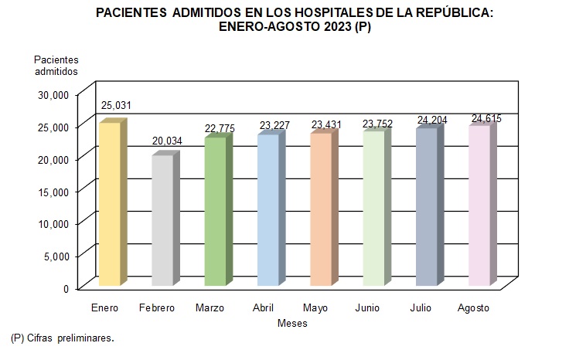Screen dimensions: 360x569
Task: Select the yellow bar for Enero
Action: (x=110, y=204)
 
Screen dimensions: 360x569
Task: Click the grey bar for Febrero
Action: (x=162, y=220)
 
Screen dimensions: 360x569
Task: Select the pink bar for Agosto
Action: (x=479, y=205)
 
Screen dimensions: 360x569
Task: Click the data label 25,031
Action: (x=116, y=105)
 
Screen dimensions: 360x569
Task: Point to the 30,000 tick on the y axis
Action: (x=55, y=94)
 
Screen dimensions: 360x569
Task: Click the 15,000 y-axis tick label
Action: (x=55, y=191)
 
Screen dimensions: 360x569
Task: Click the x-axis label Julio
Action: (x=421, y=308)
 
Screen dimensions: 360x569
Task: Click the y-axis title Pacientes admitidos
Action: (x=56, y=66)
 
